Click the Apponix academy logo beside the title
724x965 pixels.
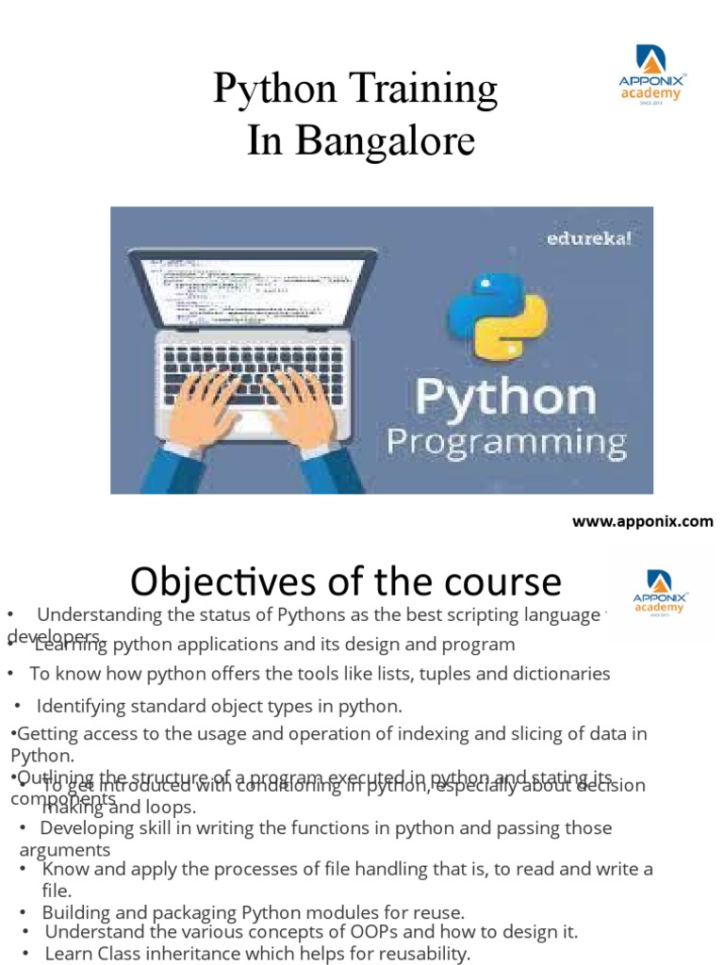coord(651,74)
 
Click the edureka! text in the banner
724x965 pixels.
coord(589,237)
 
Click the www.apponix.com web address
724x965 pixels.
coord(643,521)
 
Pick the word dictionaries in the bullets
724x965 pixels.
coord(560,674)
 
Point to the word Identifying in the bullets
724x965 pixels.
coord(80,706)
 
